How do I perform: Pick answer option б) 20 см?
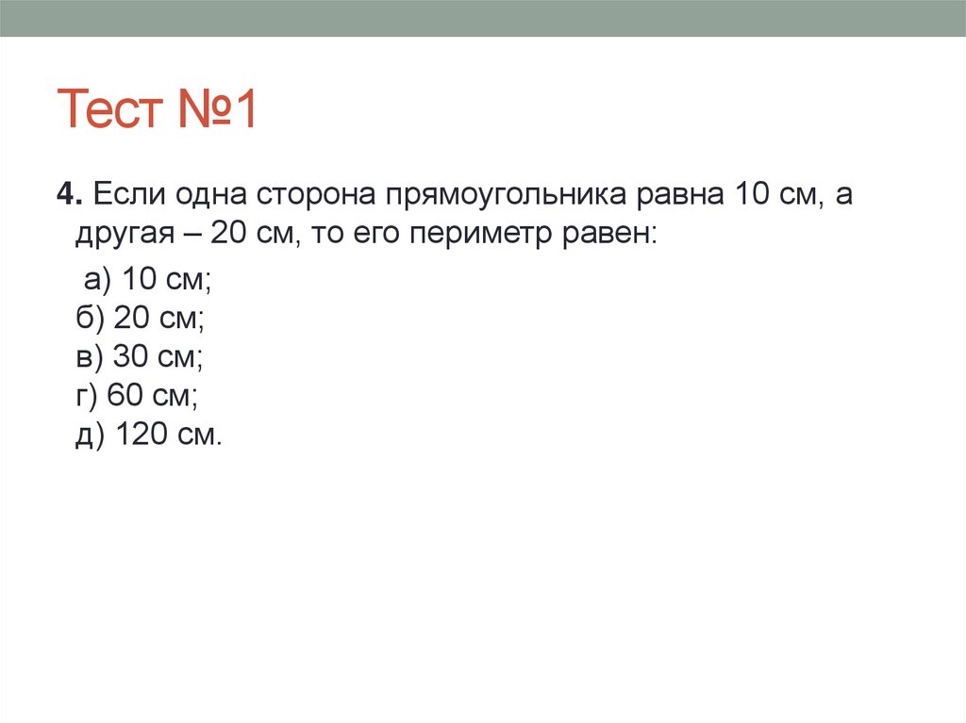pos(141,320)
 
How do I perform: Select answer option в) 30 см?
pos(140,358)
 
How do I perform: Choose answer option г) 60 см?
pos(137,397)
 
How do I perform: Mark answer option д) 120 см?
pos(149,436)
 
